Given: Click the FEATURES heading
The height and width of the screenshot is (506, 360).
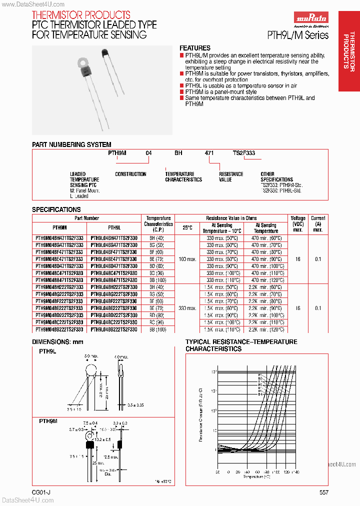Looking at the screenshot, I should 194,48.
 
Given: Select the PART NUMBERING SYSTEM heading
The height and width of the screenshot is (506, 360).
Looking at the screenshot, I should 71,144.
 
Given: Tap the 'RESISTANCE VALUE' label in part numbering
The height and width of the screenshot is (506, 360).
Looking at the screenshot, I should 231,177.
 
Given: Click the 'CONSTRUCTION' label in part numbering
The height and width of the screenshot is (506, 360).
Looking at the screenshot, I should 130,174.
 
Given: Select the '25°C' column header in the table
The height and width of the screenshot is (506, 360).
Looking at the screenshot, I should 187,227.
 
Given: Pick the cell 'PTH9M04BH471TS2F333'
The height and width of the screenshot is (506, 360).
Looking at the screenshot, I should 59,238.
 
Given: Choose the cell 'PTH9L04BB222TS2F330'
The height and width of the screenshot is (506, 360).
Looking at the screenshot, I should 114,329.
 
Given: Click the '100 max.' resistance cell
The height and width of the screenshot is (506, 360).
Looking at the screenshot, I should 187,259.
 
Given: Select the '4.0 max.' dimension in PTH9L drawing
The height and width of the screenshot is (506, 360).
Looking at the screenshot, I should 120,357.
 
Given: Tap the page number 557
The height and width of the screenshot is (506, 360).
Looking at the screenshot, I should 323,492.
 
